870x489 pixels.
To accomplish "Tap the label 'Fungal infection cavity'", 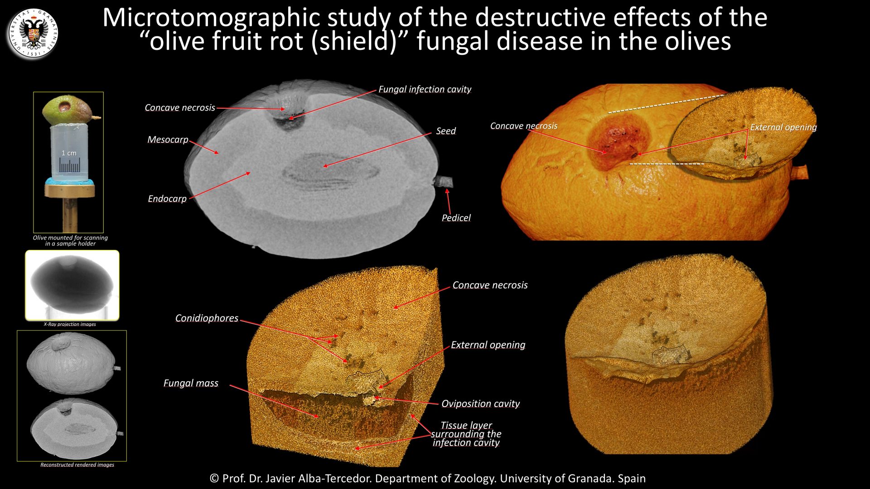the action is [x=425, y=89].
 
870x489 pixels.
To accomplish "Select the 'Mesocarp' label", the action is [x=168, y=139].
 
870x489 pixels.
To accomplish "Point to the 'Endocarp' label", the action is [x=167, y=198].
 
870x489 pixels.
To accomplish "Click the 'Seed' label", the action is [x=446, y=131].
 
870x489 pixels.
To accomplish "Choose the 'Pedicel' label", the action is [x=456, y=218].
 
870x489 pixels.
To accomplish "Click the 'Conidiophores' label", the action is [x=207, y=318].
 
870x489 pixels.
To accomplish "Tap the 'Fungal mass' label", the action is [x=191, y=383].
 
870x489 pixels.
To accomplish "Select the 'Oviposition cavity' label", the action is [x=480, y=403].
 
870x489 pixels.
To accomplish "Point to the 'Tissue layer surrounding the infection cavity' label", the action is [x=466, y=434].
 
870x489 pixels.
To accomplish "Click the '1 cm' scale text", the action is [x=69, y=153].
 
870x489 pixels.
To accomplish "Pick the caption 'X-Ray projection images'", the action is [x=70, y=324].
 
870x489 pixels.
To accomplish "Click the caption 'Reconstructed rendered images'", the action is [x=77, y=465].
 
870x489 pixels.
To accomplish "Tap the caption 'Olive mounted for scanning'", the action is [x=70, y=237].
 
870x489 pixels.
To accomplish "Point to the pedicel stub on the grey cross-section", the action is [x=444, y=182].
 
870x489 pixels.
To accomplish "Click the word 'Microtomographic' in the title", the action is [x=212, y=18].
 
